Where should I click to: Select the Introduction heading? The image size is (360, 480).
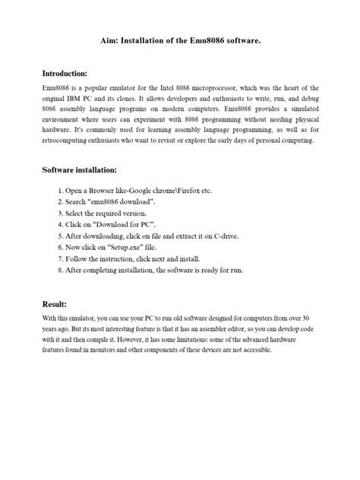click(x=65, y=74)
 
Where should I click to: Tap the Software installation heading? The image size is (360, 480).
click(x=79, y=171)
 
